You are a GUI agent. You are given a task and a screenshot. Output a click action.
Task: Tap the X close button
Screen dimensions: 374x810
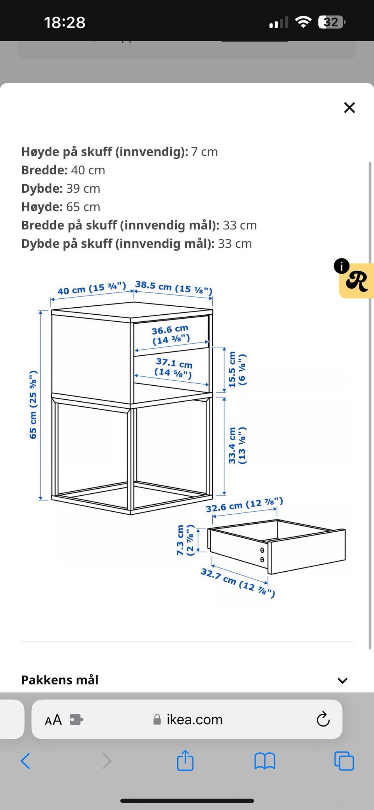coord(349,108)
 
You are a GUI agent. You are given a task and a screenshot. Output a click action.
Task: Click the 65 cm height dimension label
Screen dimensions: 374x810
coord(33,404)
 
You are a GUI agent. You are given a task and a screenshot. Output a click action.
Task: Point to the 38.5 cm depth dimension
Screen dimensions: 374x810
coord(174,287)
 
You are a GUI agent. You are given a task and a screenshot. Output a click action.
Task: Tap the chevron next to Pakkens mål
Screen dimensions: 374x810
coord(342,681)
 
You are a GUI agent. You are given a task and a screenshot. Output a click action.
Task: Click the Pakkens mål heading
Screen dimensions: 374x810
coord(60,680)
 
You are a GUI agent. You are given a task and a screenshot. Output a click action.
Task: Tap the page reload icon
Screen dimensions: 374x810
coord(323,719)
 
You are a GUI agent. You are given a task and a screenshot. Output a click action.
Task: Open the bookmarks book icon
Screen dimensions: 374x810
coord(265,761)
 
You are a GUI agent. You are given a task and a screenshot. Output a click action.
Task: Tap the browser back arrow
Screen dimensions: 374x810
coord(25,760)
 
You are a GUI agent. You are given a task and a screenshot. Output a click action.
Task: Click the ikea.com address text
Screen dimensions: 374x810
coord(194,719)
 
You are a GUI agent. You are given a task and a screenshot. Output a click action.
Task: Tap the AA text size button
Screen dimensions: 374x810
coord(53,720)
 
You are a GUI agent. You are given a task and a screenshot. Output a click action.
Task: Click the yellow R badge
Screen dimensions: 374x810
coord(356,281)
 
